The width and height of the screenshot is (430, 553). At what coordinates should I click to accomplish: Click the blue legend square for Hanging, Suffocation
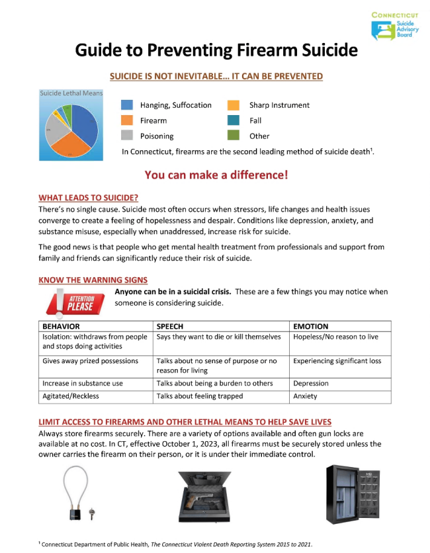point(128,105)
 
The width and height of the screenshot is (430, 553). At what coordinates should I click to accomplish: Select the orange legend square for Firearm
point(128,120)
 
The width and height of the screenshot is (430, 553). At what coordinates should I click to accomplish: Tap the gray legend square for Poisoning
point(128,136)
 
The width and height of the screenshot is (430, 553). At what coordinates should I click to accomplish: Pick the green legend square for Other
point(234,136)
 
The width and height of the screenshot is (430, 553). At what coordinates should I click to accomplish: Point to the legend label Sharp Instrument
point(279,105)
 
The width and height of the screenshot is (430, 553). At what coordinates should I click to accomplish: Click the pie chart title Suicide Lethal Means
point(71,93)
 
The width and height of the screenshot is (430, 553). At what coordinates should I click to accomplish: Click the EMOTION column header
point(310,326)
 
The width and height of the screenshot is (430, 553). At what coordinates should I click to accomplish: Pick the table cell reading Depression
point(312,383)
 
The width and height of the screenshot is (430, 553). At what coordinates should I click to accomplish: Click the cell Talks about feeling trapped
point(199,396)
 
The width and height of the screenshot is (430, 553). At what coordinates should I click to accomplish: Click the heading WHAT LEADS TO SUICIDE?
point(88,197)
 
